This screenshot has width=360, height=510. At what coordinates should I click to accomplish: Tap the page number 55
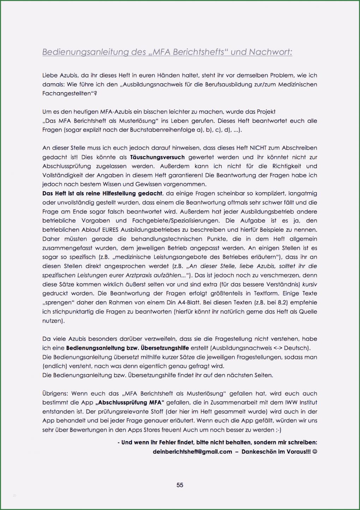tap(180, 485)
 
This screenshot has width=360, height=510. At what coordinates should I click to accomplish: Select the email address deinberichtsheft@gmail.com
tap(192, 451)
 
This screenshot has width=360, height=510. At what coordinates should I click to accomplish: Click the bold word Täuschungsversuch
tap(157, 157)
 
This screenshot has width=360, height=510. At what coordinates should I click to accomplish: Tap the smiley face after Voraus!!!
tap(315, 451)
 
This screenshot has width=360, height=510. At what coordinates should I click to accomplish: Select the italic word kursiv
tap(310, 284)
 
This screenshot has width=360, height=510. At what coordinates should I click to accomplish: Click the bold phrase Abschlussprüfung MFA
tap(130, 402)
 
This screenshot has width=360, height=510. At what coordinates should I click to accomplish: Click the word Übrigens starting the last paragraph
tap(55, 393)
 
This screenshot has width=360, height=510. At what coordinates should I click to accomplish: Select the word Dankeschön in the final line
tap(259, 451)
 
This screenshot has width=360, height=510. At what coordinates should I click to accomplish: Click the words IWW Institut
tap(301, 402)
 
